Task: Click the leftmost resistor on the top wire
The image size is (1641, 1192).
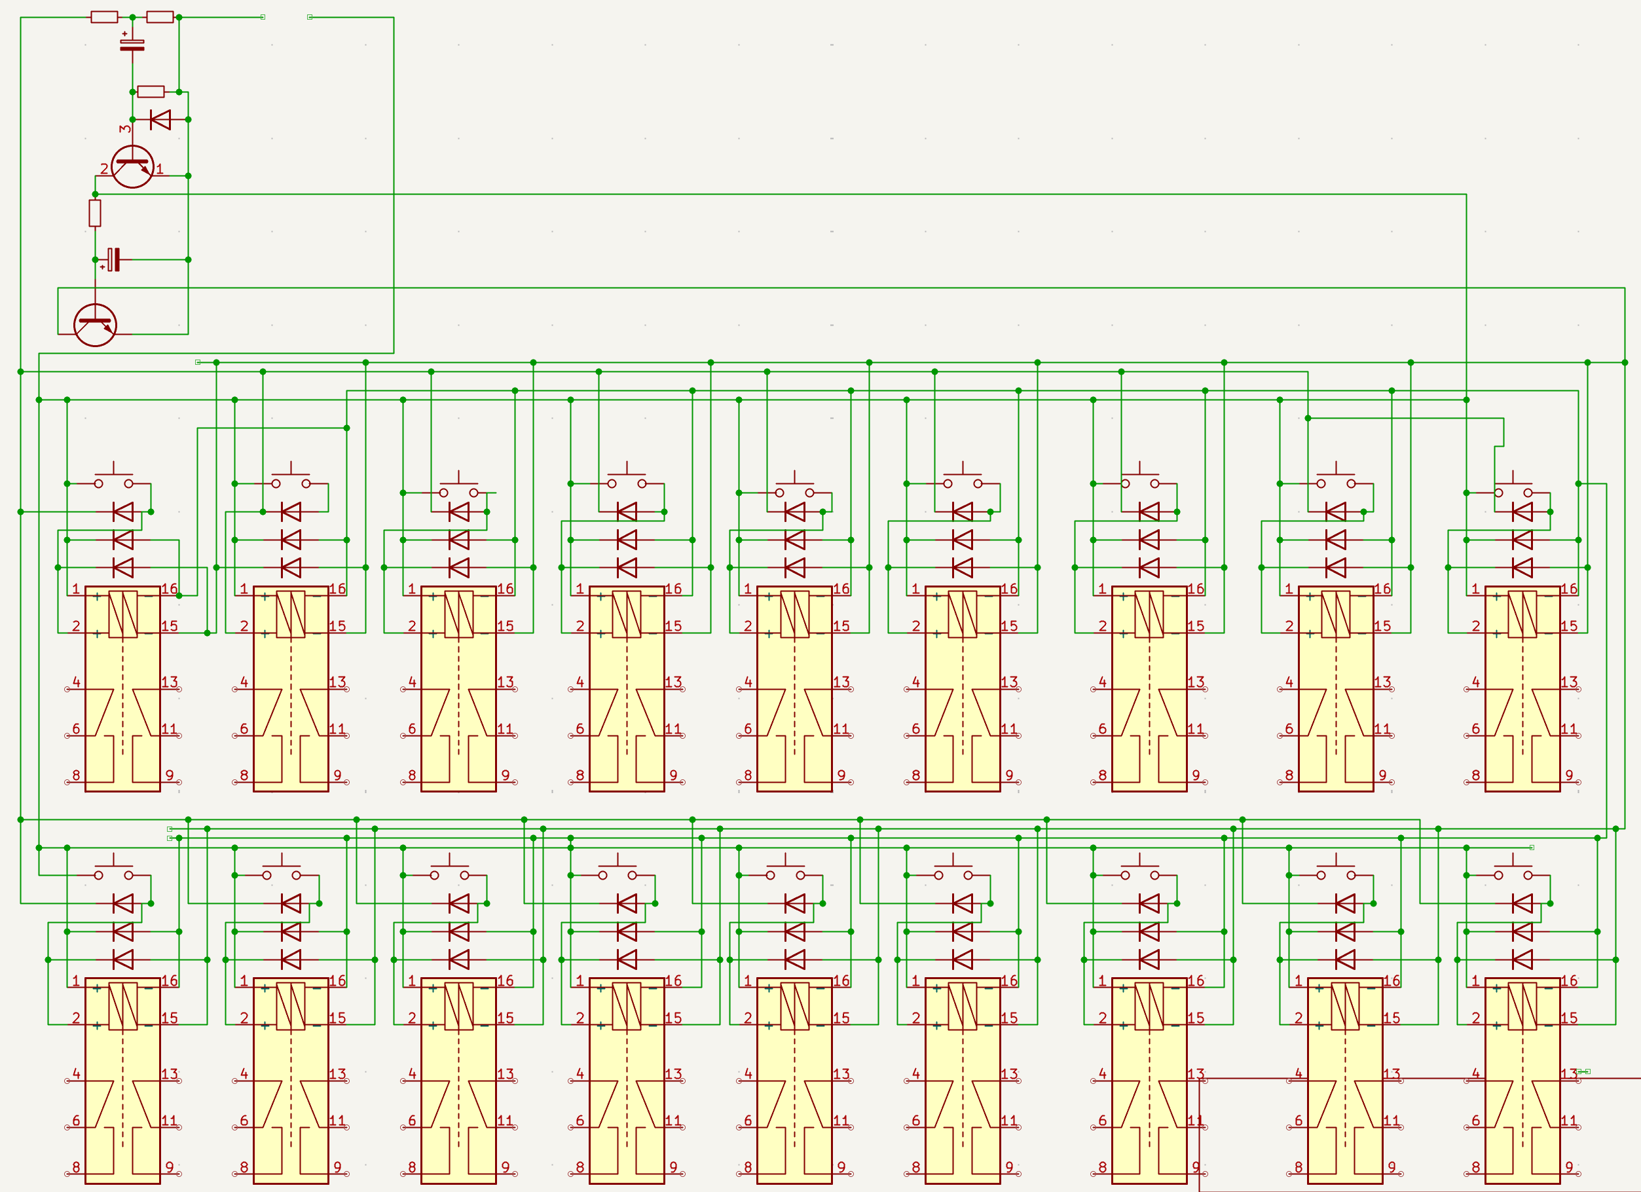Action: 104,16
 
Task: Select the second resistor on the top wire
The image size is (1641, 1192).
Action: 160,16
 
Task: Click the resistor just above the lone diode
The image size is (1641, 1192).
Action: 151,91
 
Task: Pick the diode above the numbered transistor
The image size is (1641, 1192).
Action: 160,119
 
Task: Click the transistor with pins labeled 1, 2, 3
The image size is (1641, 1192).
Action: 132,166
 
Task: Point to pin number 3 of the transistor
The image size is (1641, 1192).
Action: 125,129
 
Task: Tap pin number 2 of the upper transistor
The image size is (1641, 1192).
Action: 103,168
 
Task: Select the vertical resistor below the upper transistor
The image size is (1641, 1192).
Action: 95,213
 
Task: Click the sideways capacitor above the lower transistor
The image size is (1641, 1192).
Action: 113,259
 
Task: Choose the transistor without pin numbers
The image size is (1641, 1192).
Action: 95,325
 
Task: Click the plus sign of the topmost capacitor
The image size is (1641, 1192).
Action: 124,33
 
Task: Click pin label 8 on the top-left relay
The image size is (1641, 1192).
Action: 76,775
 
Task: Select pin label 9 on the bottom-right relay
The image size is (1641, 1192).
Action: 1570,1166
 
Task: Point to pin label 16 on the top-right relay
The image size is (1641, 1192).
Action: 1569,588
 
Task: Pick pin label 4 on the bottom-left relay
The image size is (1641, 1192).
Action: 76,1073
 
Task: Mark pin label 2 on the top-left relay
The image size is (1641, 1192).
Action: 76,626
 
